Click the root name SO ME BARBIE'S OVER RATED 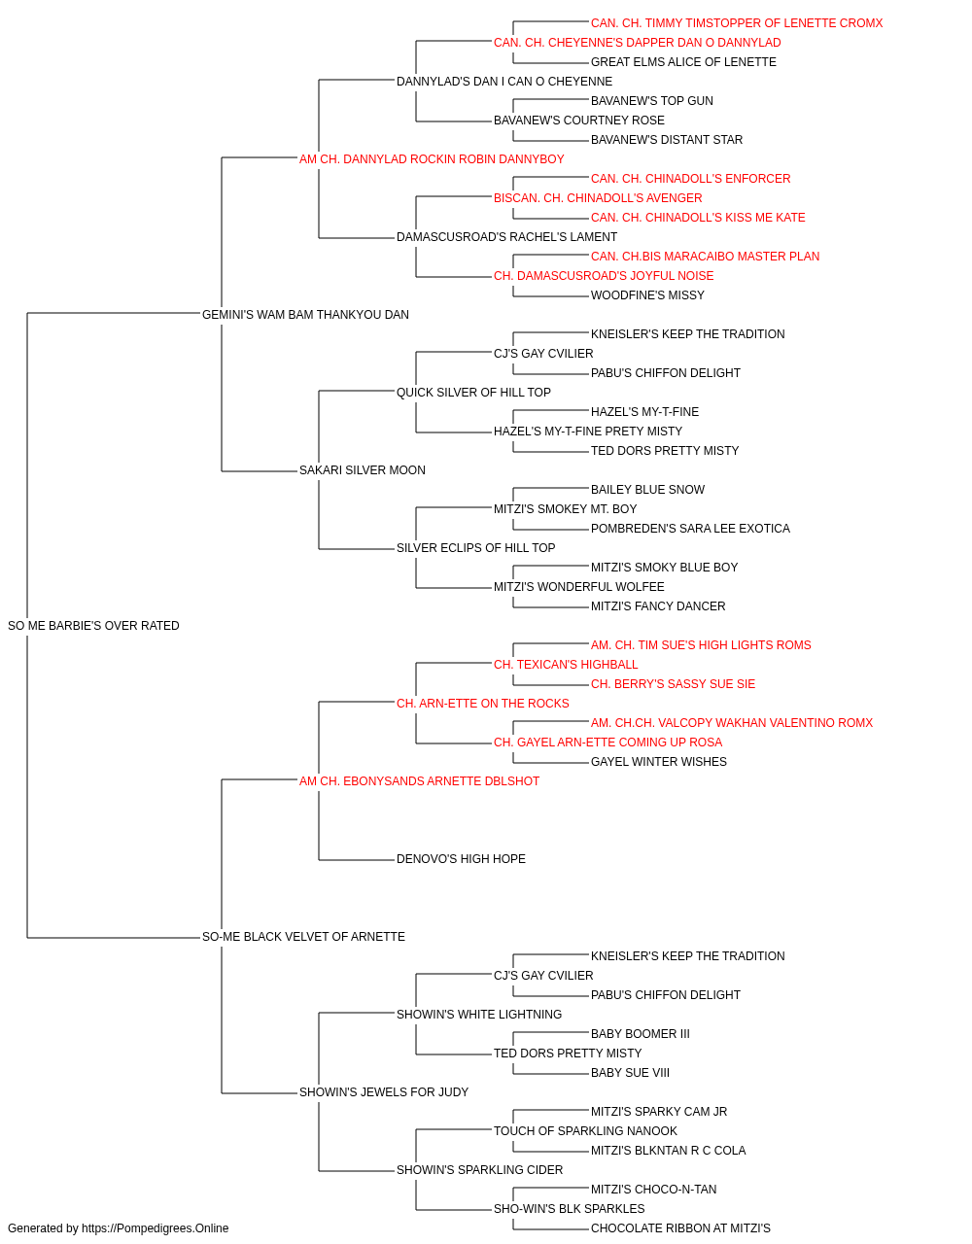[x=93, y=626]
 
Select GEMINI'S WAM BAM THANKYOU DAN [x=305, y=315]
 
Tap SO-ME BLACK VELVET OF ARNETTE [x=303, y=937]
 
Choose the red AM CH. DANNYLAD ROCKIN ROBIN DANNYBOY [x=432, y=159]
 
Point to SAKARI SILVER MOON [x=363, y=470]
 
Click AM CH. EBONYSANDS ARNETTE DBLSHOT [x=419, y=781]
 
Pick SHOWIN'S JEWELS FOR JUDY [x=384, y=1092]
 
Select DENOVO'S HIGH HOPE [x=461, y=859]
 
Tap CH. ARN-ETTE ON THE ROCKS [x=482, y=704]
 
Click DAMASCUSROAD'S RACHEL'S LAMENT [x=506, y=237]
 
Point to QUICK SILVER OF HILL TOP [x=473, y=393]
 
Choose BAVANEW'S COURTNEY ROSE [x=578, y=121]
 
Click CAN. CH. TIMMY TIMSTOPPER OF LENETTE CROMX [x=737, y=23]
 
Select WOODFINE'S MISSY [x=647, y=295]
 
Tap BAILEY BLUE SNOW [x=647, y=490]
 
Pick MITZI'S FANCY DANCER [x=658, y=606]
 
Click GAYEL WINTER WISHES [x=658, y=762]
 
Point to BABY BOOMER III [x=640, y=1034]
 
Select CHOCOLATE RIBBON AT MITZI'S [x=680, y=1228]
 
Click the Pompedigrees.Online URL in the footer [x=155, y=1228]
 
